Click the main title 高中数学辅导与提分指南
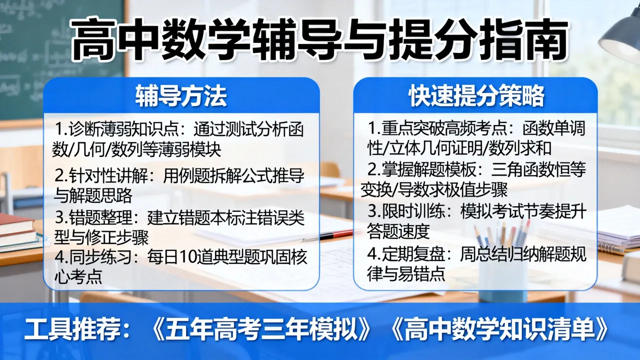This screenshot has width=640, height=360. [x=319, y=40]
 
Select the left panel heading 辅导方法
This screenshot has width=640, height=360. [x=181, y=96]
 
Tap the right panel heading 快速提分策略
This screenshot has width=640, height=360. [x=476, y=96]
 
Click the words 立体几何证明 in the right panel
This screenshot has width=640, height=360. [x=435, y=148]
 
